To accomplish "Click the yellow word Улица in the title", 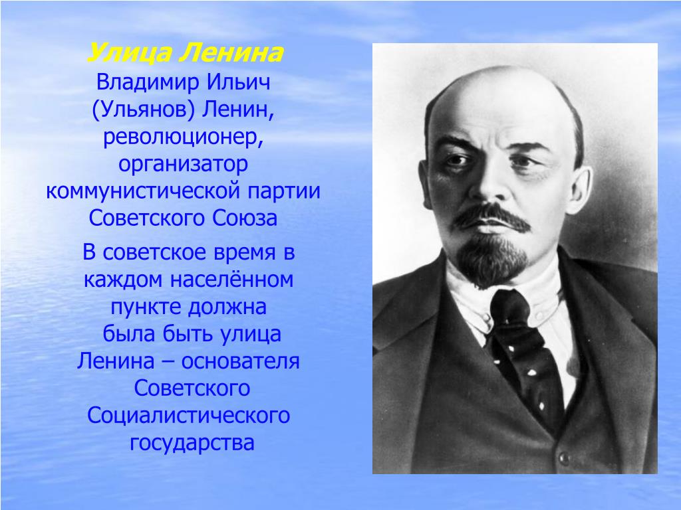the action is pos(130,54).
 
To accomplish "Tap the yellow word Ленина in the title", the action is pos(231,53).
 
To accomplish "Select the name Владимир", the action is pos(148,82).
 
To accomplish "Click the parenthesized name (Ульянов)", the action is pos(143,110).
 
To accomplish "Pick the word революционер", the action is pos(184,137).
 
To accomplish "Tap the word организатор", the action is pos(184,165).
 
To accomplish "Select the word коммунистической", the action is pos(143,191).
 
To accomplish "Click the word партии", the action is pos(284,192).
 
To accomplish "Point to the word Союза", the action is pos(245,218).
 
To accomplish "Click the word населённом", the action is pos(231,279).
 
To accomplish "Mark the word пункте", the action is pos(146,307).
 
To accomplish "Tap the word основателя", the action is pos(240,361).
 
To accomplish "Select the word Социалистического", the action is pos(188,416).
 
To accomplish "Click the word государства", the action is pos(192,443).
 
